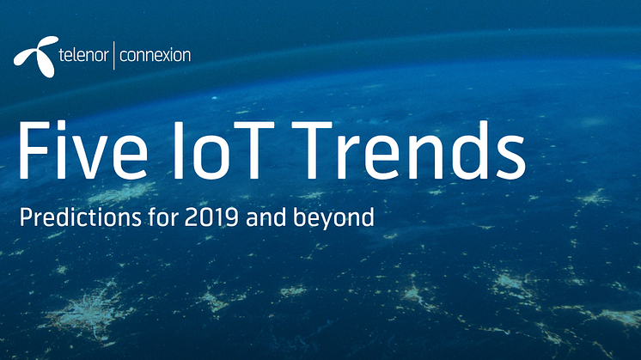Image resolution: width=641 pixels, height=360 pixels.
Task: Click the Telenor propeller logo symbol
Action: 36,56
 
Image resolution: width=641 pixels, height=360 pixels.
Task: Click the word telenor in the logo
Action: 84,55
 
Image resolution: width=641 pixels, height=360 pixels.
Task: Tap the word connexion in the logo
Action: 155,55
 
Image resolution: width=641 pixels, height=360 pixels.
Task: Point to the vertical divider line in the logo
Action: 113,55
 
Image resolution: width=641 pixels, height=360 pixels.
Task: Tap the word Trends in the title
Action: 408,150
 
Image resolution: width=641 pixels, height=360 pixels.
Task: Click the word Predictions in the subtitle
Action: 80,217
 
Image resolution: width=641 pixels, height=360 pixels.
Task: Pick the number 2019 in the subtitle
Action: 211,217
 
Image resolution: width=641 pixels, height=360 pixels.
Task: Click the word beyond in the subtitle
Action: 333,218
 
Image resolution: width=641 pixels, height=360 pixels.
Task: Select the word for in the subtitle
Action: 163,217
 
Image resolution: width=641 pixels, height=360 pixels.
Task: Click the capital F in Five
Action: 34,150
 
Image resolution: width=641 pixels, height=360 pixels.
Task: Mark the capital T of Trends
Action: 312,150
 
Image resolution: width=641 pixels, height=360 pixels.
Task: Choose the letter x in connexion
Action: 168,56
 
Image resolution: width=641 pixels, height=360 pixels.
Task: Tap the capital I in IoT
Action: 178,150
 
